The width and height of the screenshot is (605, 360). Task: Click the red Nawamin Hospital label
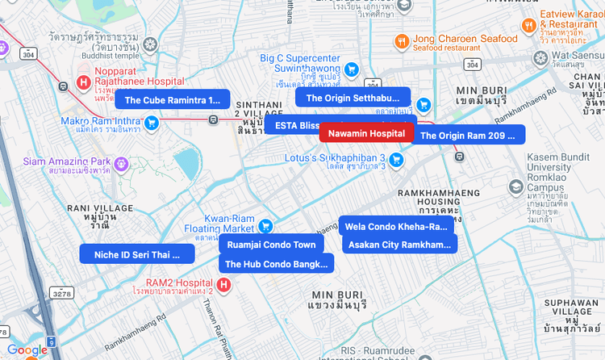pos(366,133)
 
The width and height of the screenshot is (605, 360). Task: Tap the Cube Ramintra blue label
pos(172,100)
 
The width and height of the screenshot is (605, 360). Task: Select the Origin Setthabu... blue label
pos(353,98)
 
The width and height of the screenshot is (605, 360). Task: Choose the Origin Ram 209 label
pos(468,136)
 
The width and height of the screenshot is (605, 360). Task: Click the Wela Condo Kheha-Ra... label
pos(396,226)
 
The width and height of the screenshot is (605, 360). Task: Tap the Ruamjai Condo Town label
pos(271,245)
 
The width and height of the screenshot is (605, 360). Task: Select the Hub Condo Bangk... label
pos(276,264)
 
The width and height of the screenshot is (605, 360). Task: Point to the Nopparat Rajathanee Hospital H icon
pos(82,82)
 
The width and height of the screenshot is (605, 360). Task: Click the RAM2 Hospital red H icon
pos(223,284)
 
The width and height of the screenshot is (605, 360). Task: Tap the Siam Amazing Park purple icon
pos(122,164)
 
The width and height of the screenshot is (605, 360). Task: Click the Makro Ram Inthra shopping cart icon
pos(151,122)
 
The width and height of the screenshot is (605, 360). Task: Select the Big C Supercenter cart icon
pos(352,69)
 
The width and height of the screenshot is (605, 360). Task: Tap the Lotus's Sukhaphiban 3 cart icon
pos(396,161)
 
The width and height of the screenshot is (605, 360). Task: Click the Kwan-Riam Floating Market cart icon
pos(264,225)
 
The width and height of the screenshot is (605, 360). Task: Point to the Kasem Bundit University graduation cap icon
pos(515,186)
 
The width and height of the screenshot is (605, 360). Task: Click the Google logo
pos(27,350)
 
